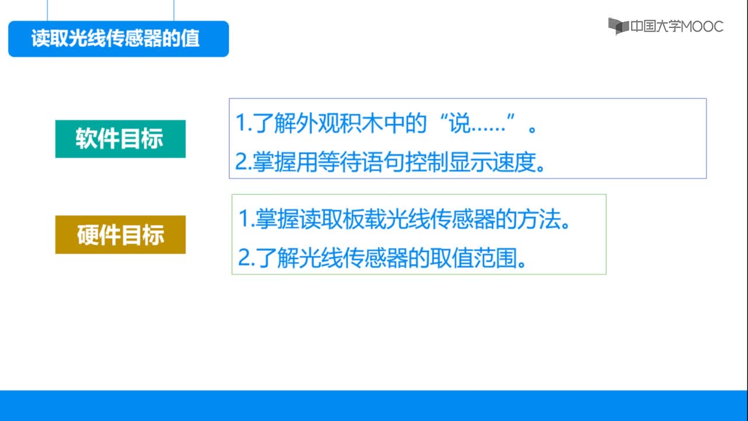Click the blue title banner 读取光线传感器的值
(119, 39)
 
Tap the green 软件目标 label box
(120, 139)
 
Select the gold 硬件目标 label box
(120, 234)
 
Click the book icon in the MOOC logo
(618, 26)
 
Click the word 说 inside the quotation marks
(459, 123)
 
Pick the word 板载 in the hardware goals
(364, 219)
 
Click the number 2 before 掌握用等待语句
(241, 162)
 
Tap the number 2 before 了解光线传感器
(244, 258)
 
